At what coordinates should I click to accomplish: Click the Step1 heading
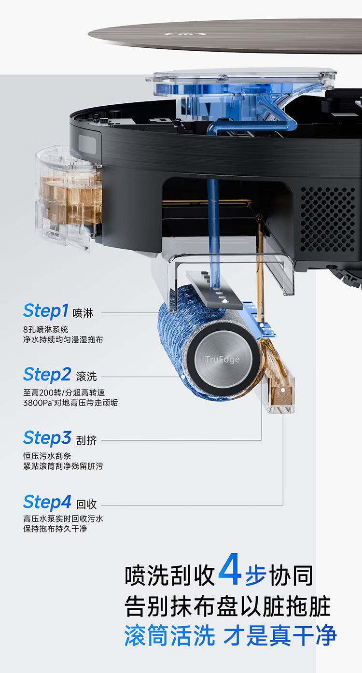[x=46, y=311]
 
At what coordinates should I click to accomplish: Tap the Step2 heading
[x=47, y=375]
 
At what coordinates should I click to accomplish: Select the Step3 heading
[x=47, y=438]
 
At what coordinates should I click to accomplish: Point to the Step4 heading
[x=47, y=502]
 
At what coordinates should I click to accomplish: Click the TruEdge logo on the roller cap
[x=223, y=359]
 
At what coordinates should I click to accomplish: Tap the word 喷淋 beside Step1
[x=83, y=313]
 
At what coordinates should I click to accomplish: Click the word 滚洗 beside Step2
[x=86, y=377]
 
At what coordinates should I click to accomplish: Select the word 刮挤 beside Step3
[x=86, y=440]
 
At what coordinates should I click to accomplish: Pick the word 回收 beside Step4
[x=86, y=504]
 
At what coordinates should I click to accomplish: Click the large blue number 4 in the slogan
[x=230, y=569]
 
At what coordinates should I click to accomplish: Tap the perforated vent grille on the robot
[x=327, y=219]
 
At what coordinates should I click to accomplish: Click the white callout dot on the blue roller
[x=183, y=376]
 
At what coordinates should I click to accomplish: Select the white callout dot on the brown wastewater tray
[x=283, y=390]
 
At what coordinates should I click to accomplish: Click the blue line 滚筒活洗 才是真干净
[x=230, y=635]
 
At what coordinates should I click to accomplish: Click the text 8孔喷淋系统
[x=46, y=329]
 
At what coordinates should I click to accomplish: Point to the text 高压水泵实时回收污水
[x=63, y=519]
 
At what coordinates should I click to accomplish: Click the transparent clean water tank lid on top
[x=240, y=80]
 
